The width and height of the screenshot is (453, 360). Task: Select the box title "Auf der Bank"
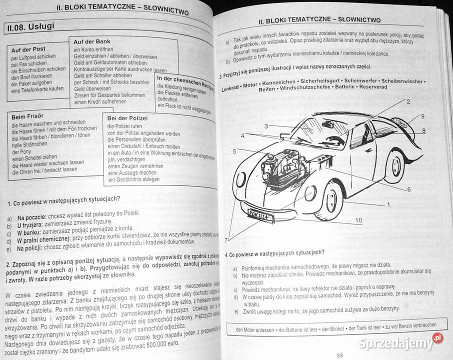pyautogui.click(x=92, y=41)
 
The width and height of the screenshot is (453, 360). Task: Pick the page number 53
pyautogui.click(x=339, y=355)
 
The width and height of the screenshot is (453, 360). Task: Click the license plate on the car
pyautogui.click(x=260, y=213)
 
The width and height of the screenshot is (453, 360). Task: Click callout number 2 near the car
pyautogui.click(x=408, y=101)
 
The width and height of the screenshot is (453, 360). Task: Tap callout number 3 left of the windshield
pyautogui.click(x=266, y=126)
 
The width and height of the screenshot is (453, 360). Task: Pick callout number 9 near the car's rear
pyautogui.click(x=422, y=116)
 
